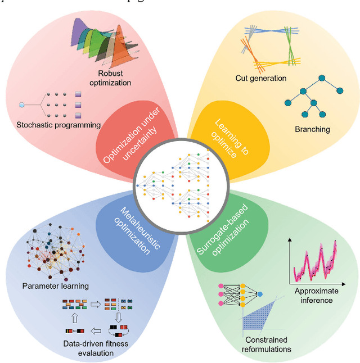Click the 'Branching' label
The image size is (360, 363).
pyautogui.click(x=312, y=129)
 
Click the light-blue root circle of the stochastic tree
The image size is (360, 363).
pyautogui.click(x=22, y=105)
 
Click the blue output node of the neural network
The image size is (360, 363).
pyautogui.click(x=260, y=294)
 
